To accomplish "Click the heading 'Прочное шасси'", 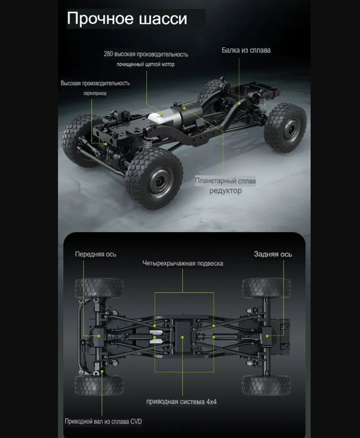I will click(x=127, y=19).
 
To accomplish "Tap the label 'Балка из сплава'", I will click(x=246, y=50).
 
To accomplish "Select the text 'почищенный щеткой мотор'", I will click(x=145, y=64).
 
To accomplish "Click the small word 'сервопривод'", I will click(x=95, y=93).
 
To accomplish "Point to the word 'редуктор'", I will click(x=225, y=191).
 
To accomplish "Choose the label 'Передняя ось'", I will click(x=95, y=254).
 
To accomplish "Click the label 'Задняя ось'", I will click(x=273, y=254).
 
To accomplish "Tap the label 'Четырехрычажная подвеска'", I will click(x=183, y=263).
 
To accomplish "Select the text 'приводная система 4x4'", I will click(x=181, y=402).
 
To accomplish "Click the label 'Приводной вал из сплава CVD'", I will click(x=103, y=421).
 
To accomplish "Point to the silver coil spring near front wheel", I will click(x=147, y=143).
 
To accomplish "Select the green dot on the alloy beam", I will click(x=239, y=103).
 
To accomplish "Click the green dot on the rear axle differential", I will click(x=267, y=336).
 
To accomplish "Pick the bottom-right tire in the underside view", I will click(x=266, y=385).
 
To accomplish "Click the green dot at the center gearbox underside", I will click(x=183, y=338).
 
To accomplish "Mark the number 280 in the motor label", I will click(x=108, y=54).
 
